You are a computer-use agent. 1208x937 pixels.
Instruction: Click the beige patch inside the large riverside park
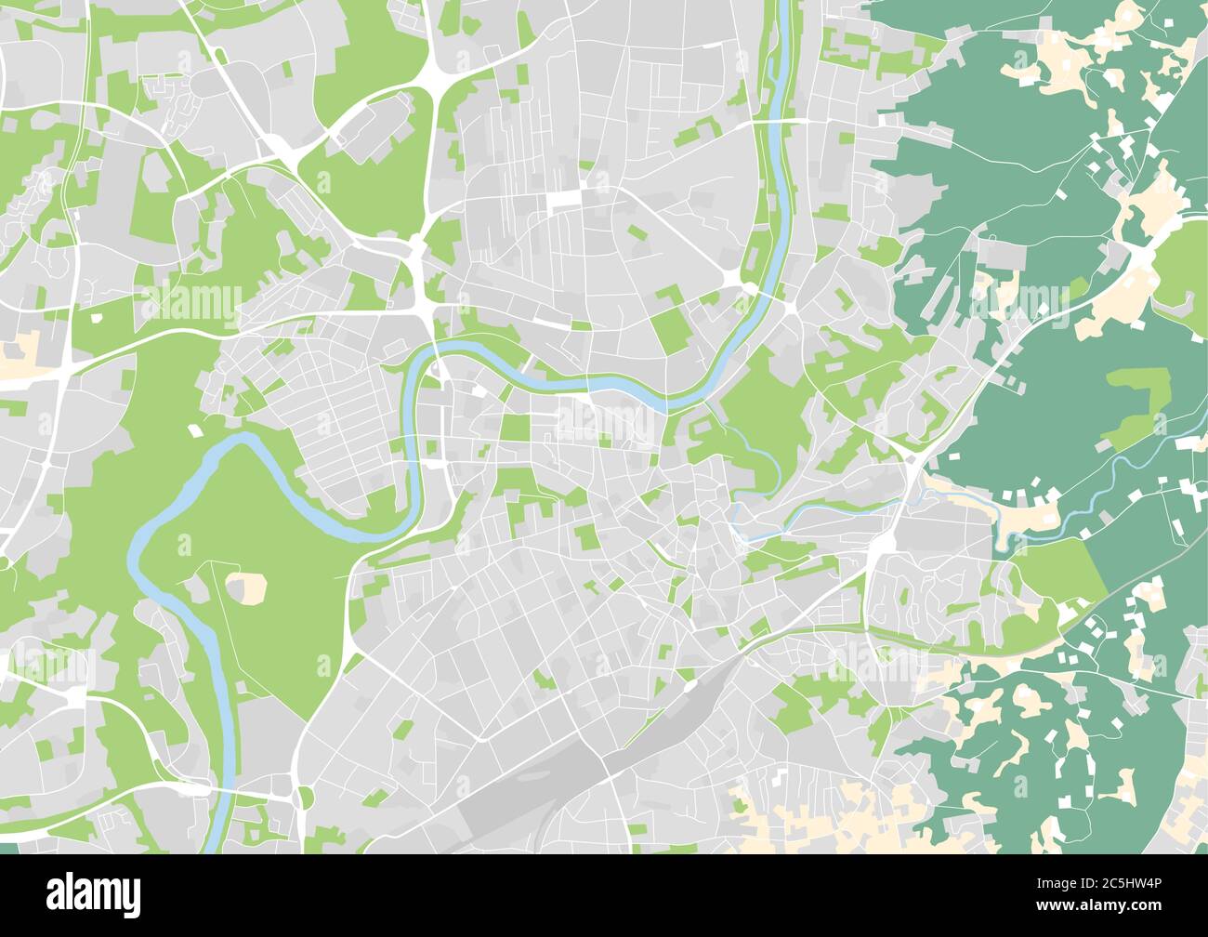pyautogui.click(x=246, y=587)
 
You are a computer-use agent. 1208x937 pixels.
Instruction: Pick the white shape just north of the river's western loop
pyautogui.click(x=194, y=430)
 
